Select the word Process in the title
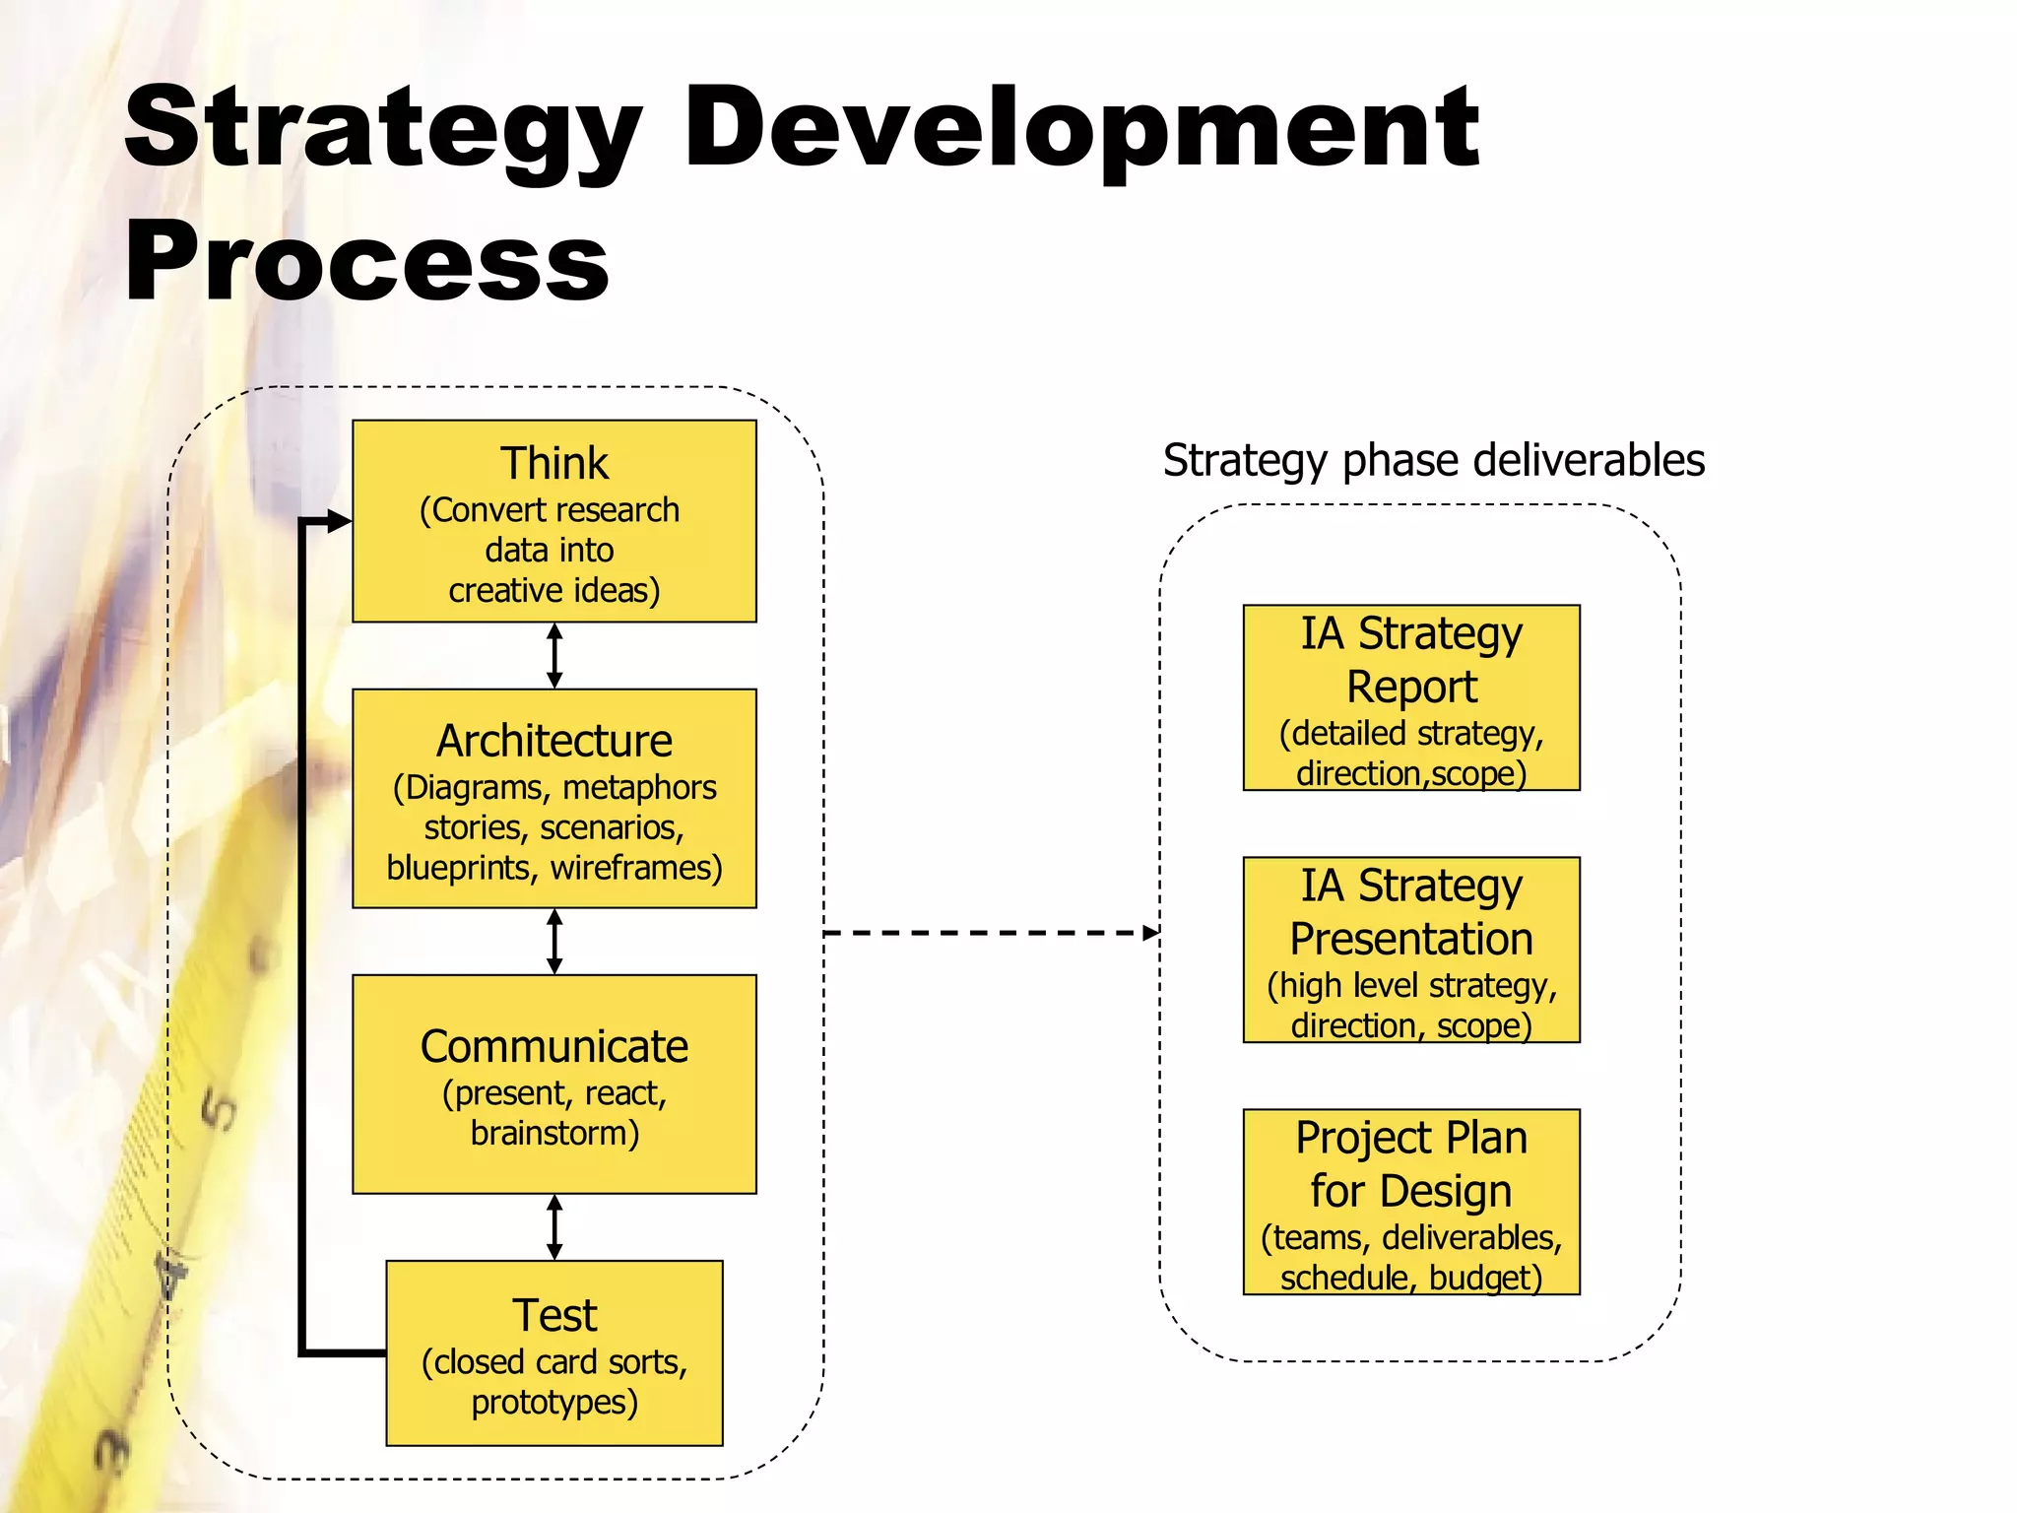coord(366,262)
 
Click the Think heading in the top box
coord(554,463)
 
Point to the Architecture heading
coord(554,741)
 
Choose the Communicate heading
coord(554,1046)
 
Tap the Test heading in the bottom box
coord(554,1315)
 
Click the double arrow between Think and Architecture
coord(554,655)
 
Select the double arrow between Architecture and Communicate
coord(554,941)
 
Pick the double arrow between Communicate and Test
coord(554,1226)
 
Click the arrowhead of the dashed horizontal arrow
coord(1151,933)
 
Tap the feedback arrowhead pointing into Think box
coord(340,521)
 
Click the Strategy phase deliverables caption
coord(1433,460)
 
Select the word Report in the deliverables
coord(1411,687)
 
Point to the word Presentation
coord(1411,939)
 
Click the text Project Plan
coord(1411,1138)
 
